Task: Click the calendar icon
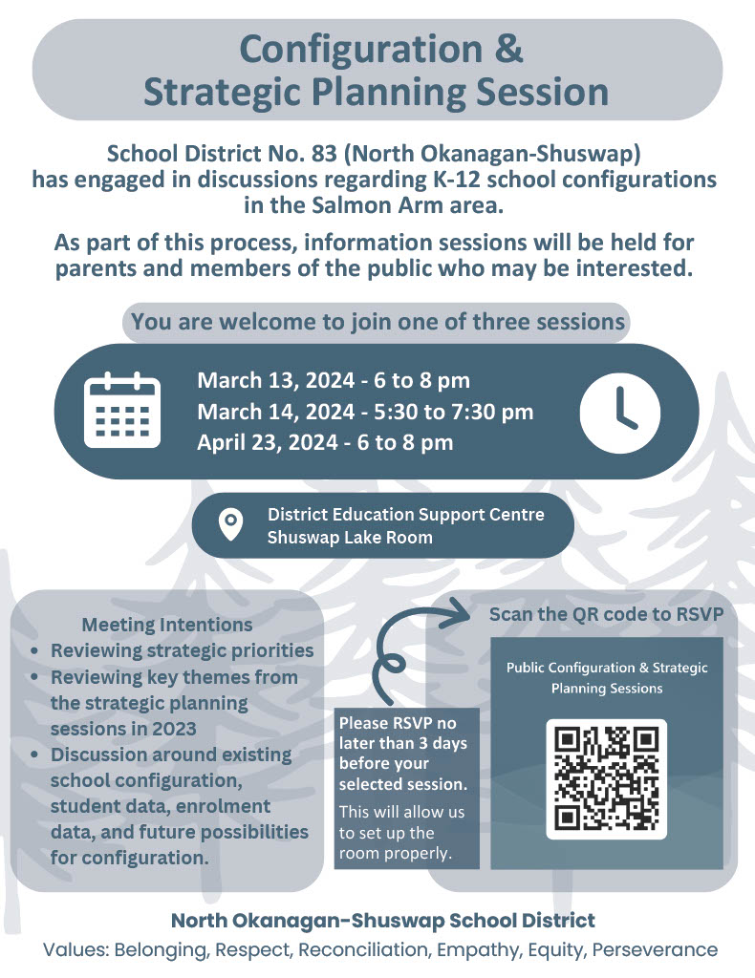click(x=121, y=411)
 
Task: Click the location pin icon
click(x=230, y=525)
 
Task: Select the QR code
click(x=606, y=779)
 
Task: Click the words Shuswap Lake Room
click(x=350, y=538)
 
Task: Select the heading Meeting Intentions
click(x=167, y=625)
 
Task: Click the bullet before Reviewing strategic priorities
click(x=35, y=651)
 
